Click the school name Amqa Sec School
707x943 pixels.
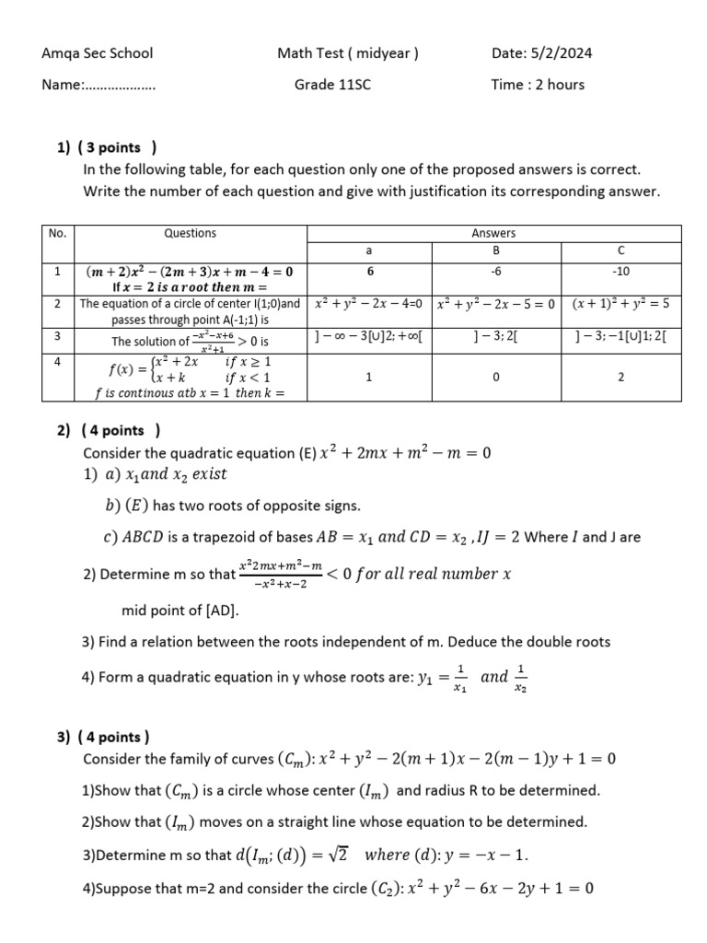pos(98,53)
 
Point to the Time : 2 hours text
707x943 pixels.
pos(538,85)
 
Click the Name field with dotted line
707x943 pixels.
pos(99,85)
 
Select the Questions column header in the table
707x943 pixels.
pos(190,234)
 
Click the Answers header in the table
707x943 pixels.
pos(494,234)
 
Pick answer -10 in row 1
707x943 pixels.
pos(620,272)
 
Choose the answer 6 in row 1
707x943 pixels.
pos(368,272)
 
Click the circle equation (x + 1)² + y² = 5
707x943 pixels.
pos(620,303)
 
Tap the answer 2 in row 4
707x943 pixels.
pos(620,377)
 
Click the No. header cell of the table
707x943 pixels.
pos(57,234)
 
